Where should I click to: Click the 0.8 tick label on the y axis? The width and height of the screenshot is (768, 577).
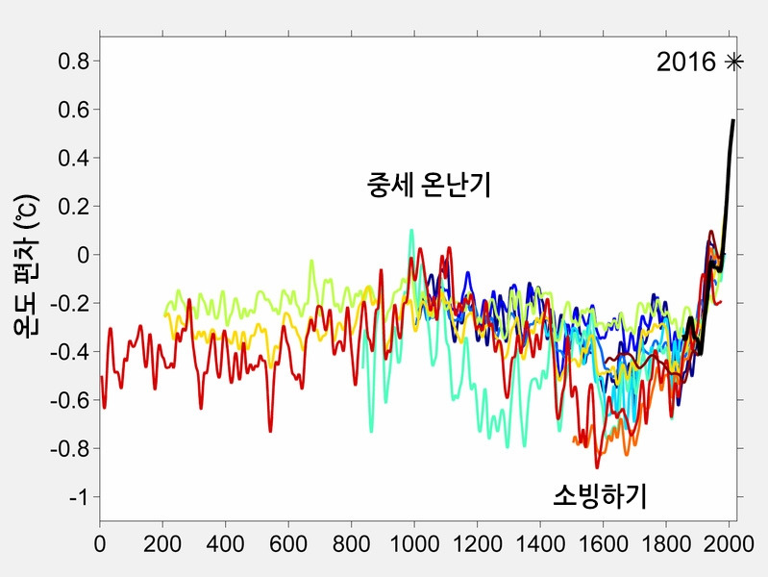[74, 62]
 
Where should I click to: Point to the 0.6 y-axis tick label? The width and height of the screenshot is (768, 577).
[74, 110]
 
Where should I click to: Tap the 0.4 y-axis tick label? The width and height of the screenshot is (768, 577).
[74, 158]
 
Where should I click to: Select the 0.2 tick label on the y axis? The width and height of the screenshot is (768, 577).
[74, 207]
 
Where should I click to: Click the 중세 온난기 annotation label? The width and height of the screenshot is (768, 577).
[429, 185]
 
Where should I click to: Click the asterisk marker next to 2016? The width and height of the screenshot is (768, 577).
[734, 63]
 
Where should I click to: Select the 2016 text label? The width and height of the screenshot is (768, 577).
[686, 63]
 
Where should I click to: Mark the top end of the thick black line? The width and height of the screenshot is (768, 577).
[733, 121]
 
